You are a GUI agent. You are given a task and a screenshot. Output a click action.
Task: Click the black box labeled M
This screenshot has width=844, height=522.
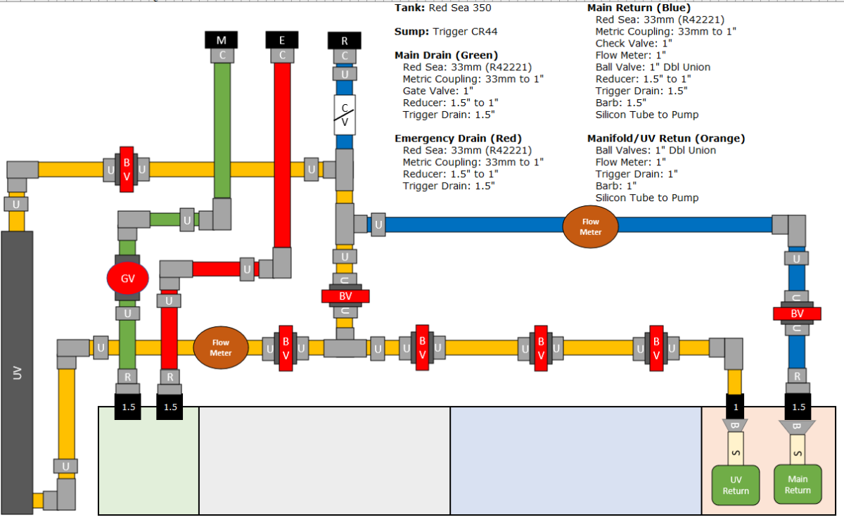pyautogui.click(x=221, y=40)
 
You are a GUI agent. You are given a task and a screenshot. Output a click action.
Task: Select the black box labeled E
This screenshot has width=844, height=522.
pyautogui.click(x=282, y=40)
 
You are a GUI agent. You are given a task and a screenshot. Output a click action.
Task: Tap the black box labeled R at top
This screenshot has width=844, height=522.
pyautogui.click(x=345, y=41)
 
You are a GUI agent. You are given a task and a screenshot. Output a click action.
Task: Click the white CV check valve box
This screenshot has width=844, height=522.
pyautogui.click(x=345, y=115)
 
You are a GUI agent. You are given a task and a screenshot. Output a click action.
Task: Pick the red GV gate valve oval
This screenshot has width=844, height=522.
pyautogui.click(x=128, y=278)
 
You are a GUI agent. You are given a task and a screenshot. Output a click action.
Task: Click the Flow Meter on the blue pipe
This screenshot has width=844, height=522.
pyautogui.click(x=590, y=227)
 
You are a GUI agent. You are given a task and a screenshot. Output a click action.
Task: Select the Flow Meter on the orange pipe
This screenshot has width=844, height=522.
pyautogui.click(x=221, y=348)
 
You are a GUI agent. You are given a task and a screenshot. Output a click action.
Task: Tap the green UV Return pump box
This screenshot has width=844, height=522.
pyautogui.click(x=736, y=485)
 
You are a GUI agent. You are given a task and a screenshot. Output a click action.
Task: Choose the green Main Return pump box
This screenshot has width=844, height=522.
pyautogui.click(x=798, y=484)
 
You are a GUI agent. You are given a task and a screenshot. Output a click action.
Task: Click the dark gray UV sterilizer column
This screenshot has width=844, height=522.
pyautogui.click(x=17, y=373)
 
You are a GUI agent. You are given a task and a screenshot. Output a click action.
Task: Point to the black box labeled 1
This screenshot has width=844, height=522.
pyautogui.click(x=735, y=407)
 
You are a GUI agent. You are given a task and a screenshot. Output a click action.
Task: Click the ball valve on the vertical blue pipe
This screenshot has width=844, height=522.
pyautogui.click(x=797, y=314)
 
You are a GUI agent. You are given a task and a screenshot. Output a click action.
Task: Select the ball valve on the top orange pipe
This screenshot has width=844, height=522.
pyautogui.click(x=127, y=170)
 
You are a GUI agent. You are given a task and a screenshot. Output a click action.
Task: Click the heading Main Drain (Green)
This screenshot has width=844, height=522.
pyautogui.click(x=446, y=56)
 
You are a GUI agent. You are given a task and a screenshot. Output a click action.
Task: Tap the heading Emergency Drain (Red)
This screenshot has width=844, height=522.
pyautogui.click(x=458, y=139)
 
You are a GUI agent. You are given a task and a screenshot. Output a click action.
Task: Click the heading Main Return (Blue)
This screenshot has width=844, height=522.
pyautogui.click(x=639, y=8)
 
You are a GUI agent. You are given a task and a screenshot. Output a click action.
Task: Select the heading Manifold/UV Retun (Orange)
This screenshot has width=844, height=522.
pyautogui.click(x=666, y=139)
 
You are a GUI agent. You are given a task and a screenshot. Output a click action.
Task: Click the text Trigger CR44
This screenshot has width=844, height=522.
pyautogui.click(x=465, y=32)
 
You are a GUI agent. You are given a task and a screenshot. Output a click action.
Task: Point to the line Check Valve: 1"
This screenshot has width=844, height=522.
pyautogui.click(x=634, y=44)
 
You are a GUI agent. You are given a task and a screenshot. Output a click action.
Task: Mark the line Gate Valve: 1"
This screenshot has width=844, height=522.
pyautogui.click(x=437, y=91)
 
